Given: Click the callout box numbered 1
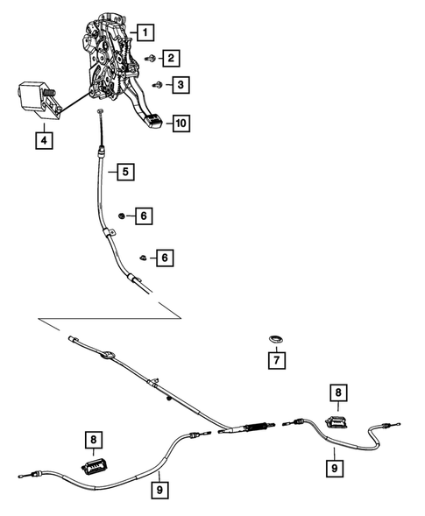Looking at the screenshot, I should [145, 34].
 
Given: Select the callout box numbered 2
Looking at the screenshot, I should [170, 59].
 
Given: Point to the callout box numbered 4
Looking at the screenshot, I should [39, 138].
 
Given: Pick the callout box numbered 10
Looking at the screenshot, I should [179, 124].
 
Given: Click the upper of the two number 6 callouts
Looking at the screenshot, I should [143, 215].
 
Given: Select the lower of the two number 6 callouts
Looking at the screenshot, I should [162, 258].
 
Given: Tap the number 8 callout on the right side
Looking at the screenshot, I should [336, 392].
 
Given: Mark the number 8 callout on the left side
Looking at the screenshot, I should [92, 437].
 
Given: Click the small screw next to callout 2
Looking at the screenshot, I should [151, 58].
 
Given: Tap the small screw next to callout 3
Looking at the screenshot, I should [157, 85].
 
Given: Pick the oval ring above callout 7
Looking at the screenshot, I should [274, 339].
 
